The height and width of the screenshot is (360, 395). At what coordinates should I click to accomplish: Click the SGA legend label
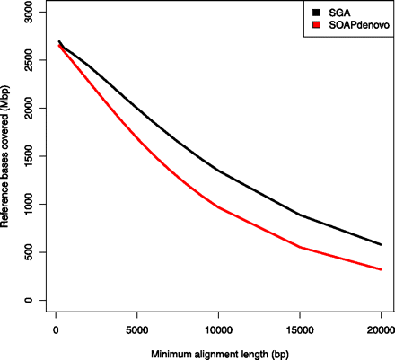click(x=340, y=12)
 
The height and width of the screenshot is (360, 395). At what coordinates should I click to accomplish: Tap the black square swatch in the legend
click(x=316, y=12)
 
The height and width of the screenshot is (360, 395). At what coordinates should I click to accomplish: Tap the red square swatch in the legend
click(x=316, y=26)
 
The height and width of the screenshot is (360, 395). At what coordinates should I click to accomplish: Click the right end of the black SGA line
click(x=381, y=244)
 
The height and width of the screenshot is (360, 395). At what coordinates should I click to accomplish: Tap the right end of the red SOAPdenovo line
click(x=381, y=269)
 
